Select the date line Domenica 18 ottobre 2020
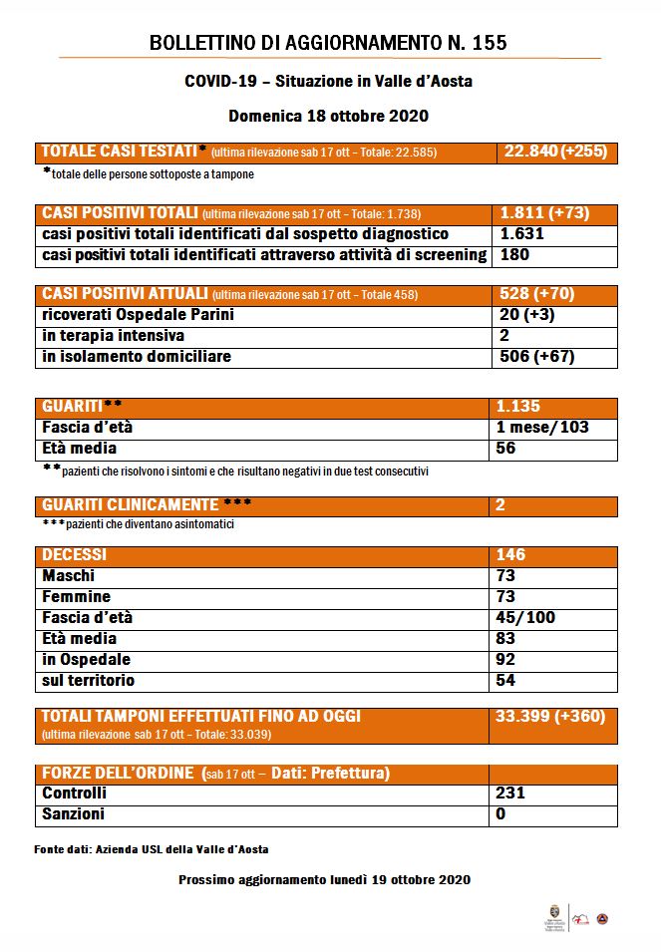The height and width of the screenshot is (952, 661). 328,115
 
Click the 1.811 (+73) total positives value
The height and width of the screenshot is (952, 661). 544,214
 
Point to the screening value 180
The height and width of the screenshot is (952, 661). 513,255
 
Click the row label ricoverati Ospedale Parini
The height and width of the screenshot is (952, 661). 138,315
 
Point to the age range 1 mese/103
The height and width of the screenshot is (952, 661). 542,428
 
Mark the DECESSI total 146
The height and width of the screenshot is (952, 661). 510,555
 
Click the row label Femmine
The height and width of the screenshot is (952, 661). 77,597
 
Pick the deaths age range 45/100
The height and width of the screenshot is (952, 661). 525,618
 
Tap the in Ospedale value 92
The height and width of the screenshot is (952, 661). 506,660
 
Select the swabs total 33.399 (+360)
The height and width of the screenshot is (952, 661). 549,717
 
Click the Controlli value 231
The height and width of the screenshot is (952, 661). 510,793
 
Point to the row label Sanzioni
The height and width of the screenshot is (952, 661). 74,814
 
